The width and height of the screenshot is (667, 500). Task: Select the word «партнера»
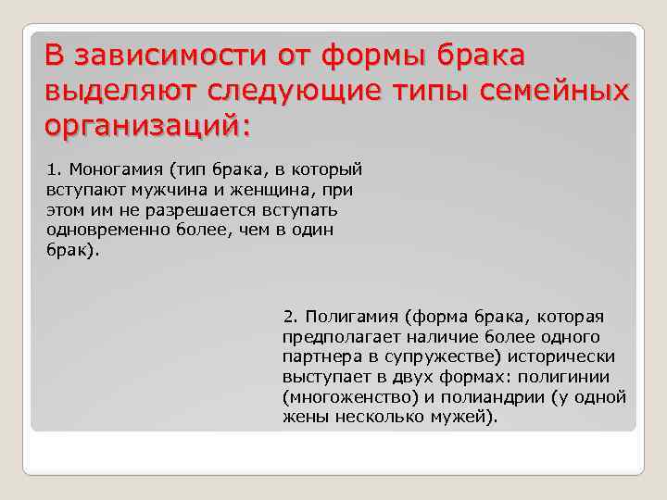[x=318, y=356]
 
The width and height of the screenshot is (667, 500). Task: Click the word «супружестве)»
[x=425, y=356]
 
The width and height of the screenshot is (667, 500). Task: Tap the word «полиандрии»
[x=497, y=397]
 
